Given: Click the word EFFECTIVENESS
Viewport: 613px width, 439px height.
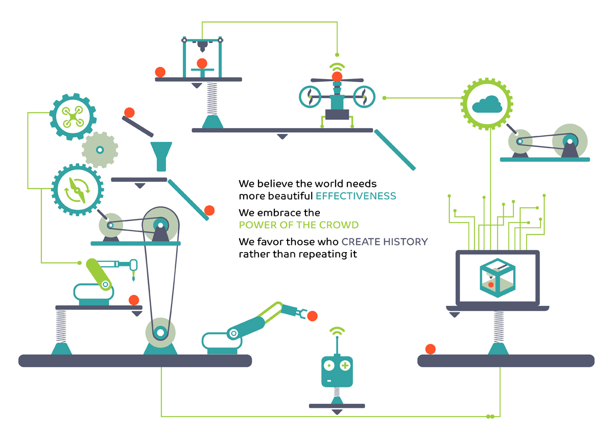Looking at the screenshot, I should pos(356,196).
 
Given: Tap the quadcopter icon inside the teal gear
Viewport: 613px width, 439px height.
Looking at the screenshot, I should pos(73,117).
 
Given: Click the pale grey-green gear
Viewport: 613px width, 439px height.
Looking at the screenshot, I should pos(100,150).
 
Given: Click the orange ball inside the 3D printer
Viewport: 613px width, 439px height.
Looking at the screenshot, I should pos(202,64).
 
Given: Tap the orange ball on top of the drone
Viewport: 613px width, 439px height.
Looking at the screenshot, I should pos(337,77).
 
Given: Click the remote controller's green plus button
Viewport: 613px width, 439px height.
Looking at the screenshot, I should pos(345,365).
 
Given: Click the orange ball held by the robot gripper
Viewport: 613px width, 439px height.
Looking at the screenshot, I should pos(312,316).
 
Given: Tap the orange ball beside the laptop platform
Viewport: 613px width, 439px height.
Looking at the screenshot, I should pos(431,349).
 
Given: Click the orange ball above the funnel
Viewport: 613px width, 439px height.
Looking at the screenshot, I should pos(130,112).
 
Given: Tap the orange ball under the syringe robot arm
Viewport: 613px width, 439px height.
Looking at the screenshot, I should pos(134,300).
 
